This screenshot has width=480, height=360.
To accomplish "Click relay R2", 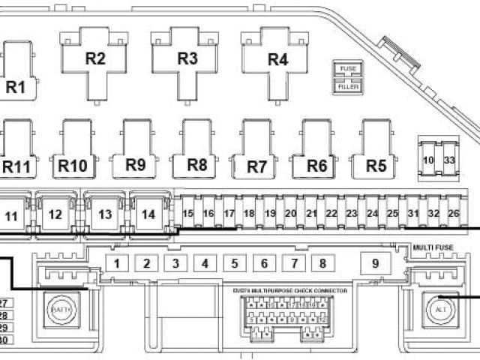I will (95, 59).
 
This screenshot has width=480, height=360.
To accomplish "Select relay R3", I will (187, 58).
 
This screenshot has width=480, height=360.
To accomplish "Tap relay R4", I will (277, 58).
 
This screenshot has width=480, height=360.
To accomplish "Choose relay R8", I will (196, 164).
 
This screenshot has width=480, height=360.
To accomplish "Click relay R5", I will (376, 164).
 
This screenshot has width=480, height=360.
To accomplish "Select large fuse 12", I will (55, 214).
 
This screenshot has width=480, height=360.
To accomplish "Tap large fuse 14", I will (148, 214).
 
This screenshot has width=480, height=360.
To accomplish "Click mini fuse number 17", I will (229, 214).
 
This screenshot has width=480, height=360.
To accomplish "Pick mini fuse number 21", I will (311, 214).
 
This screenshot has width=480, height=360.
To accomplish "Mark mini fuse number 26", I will (453, 214).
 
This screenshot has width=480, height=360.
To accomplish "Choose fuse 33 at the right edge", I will (449, 160).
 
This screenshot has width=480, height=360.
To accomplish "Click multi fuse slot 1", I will (118, 263).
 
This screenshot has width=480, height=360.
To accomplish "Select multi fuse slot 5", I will (234, 263).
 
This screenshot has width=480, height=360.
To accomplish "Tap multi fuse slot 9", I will (376, 263).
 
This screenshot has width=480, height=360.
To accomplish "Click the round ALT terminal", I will (440, 308).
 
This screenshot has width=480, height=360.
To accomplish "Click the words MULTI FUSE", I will (433, 247).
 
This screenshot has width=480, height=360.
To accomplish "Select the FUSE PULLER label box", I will (347, 78).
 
